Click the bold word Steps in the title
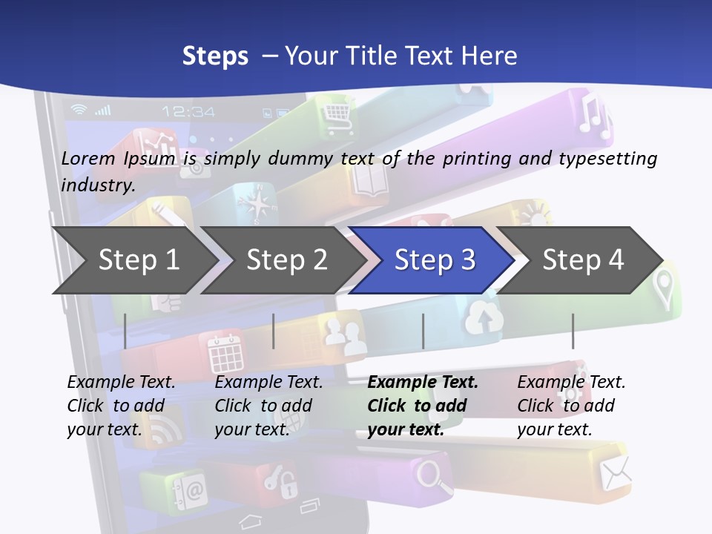click(x=215, y=56)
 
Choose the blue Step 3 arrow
click(x=435, y=260)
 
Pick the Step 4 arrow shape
click(x=583, y=260)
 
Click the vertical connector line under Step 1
click(x=125, y=331)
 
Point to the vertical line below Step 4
click(x=573, y=331)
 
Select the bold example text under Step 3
click(x=422, y=406)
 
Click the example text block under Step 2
click(x=268, y=406)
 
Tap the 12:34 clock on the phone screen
click(x=188, y=112)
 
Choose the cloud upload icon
click(x=484, y=319)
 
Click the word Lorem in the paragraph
click(x=88, y=158)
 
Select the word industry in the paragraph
click(x=97, y=185)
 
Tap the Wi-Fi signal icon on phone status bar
click(x=78, y=111)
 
